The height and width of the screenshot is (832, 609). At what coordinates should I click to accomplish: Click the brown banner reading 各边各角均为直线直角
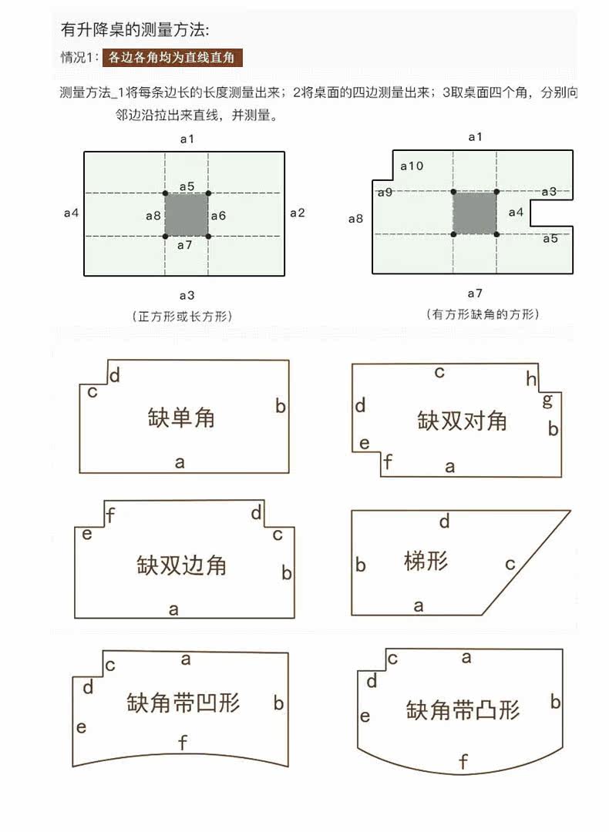173,57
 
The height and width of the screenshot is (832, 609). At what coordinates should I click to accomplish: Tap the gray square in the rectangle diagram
186,214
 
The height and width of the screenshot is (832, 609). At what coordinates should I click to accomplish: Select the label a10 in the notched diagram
411,166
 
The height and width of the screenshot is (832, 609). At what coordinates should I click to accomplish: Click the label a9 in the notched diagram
385,192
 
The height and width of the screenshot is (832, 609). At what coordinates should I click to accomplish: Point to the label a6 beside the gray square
218,216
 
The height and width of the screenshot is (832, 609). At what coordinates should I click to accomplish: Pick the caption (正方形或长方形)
183,316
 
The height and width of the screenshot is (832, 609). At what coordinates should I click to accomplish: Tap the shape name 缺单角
181,418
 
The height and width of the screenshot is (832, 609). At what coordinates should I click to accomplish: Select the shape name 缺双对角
463,421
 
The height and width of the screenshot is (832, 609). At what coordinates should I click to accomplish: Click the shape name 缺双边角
182,565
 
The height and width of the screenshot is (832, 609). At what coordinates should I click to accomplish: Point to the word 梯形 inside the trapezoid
426,560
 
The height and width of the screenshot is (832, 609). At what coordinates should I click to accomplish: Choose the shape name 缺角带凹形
183,703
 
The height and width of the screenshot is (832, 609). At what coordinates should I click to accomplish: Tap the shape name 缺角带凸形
463,709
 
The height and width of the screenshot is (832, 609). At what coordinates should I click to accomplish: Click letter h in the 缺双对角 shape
531,378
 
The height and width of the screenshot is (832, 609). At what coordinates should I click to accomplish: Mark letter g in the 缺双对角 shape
547,400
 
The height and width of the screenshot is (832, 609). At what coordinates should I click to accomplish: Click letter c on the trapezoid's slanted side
510,564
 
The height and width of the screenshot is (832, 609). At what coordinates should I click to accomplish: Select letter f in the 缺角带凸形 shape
463,763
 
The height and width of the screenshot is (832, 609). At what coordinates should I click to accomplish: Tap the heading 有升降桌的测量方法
135,30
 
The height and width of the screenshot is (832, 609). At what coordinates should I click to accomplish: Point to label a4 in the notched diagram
516,212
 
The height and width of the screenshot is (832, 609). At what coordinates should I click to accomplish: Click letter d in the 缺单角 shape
115,375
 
